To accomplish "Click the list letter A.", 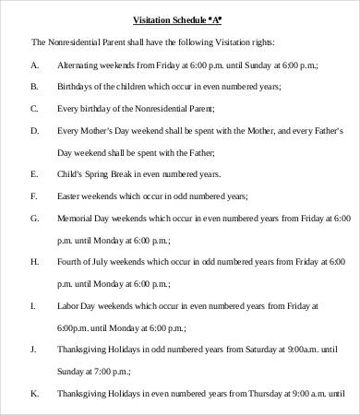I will coord(35,66).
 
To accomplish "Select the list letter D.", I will coord(35,130).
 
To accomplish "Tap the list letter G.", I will coord(35,218).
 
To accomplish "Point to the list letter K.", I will coord(35,393).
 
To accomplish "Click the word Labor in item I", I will coord(69,305).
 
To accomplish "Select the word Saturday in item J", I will coord(250,350).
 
